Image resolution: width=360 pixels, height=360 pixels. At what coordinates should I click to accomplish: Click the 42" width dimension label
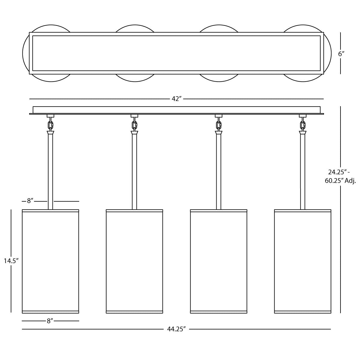[x=176, y=99]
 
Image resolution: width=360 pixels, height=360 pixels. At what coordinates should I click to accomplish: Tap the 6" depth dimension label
[x=341, y=54]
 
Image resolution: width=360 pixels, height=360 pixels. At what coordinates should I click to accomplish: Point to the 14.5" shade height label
[x=11, y=261]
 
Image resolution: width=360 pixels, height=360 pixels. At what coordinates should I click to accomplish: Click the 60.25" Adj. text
[x=340, y=181]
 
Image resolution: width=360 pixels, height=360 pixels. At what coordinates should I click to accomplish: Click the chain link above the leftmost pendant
[x=50, y=124]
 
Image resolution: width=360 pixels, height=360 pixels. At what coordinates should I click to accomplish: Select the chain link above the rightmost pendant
[x=303, y=124]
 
